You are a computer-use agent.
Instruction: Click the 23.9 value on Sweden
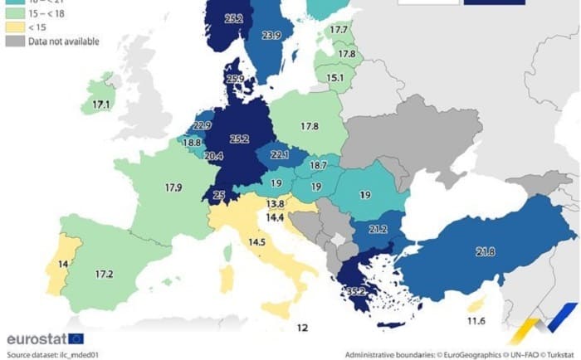271,36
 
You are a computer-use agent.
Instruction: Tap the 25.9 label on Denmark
234,80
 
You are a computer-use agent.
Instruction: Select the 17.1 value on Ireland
102,105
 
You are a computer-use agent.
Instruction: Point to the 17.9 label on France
173,187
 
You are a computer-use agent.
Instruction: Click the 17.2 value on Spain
104,273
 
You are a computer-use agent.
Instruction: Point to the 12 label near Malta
302,328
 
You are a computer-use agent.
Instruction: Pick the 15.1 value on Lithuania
335,78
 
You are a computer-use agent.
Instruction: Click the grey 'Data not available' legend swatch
14,41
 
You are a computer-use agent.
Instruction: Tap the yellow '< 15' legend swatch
14,27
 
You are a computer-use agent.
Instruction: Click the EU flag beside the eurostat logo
76,338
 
